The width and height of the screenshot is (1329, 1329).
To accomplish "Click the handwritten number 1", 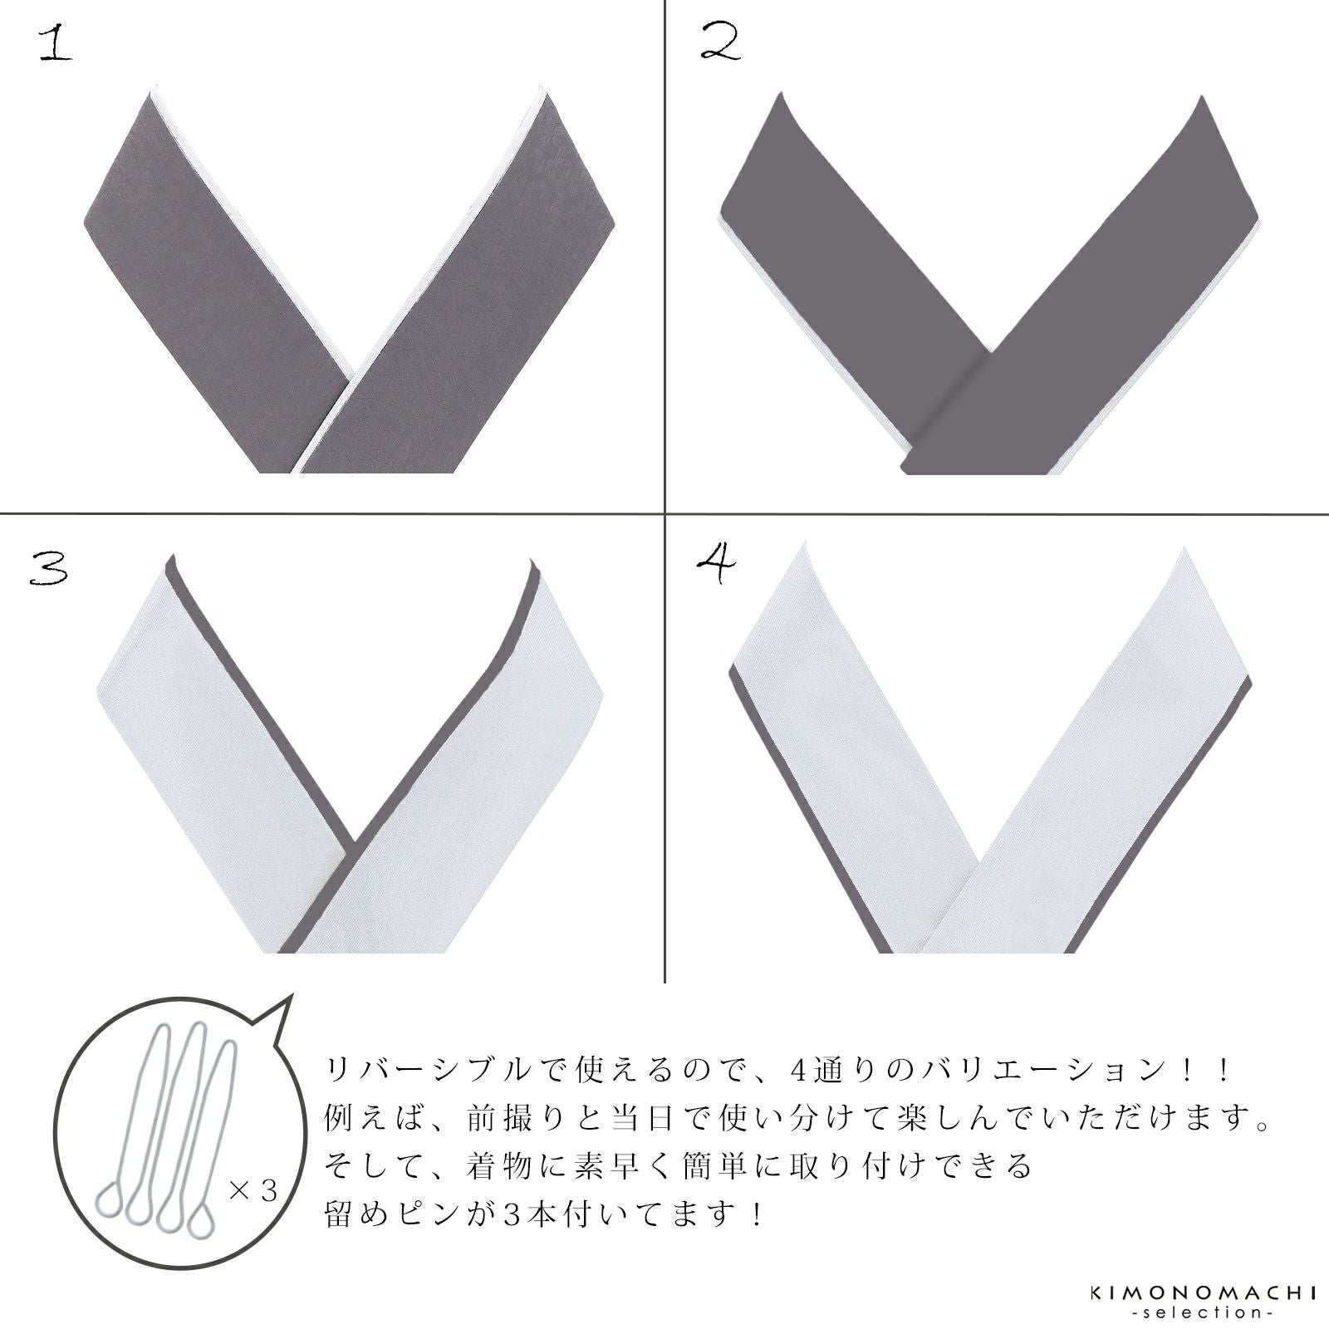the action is tap(56, 44).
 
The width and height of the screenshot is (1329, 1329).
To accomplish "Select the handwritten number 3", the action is tap(48, 569).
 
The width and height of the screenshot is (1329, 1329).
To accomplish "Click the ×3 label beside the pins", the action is tap(253, 1191).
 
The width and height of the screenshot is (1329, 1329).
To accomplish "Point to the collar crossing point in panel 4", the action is tap(981, 886).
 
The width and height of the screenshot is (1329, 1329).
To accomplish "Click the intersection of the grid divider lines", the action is tap(665, 512).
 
